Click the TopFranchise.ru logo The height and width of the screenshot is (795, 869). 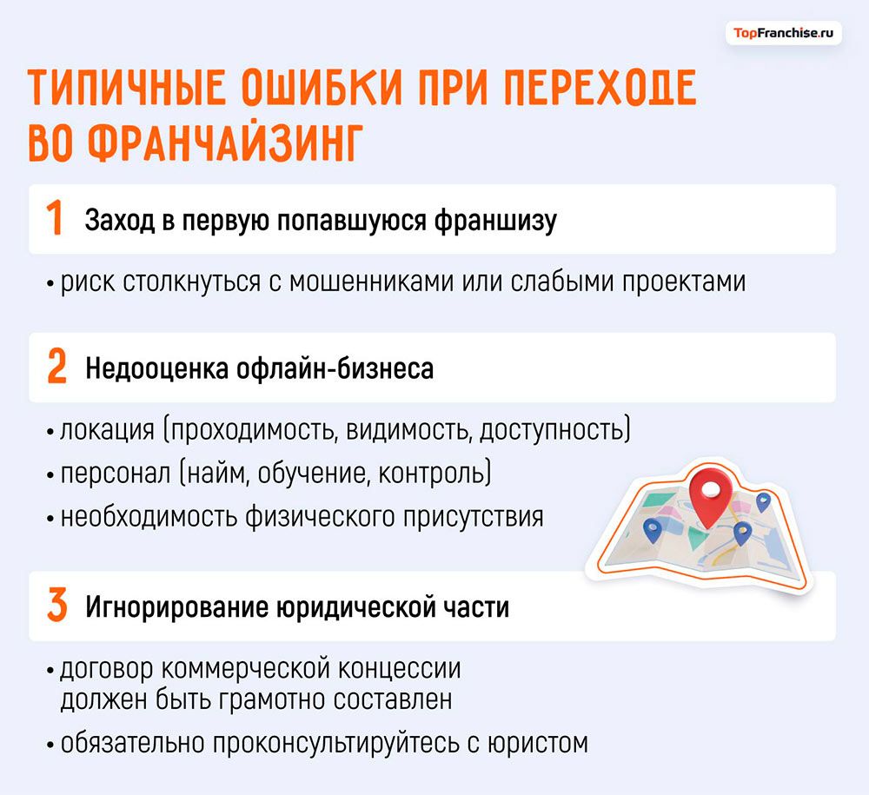coord(783,33)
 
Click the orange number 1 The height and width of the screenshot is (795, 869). coord(54,220)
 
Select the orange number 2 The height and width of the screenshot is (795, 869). coord(56,368)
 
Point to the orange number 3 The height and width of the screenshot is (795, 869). coord(56,606)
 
